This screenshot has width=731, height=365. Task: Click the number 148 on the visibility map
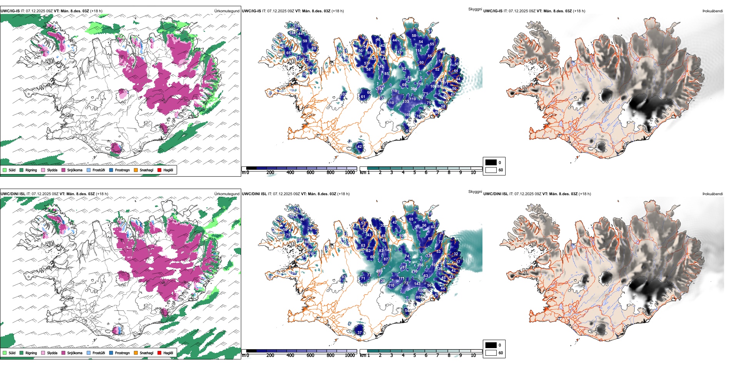pos(292,33)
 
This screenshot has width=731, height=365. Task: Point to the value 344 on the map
pos(414,89)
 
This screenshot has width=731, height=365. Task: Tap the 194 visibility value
pos(380,89)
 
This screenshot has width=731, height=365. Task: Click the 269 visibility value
pos(379,271)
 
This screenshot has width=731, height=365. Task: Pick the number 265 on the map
pos(407,300)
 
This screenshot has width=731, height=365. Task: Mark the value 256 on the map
pos(420,265)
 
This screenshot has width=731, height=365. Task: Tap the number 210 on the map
pos(414,271)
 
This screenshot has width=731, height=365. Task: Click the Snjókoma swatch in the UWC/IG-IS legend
pos(63,170)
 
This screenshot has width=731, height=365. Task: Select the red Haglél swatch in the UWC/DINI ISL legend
pos(159,353)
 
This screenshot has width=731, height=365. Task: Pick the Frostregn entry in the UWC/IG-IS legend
pos(111,170)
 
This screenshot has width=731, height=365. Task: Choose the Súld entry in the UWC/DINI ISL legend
pos(5,353)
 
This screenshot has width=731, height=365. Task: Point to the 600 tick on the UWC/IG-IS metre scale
pos(310,173)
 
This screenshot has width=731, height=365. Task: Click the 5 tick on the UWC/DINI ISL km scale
pos(415,355)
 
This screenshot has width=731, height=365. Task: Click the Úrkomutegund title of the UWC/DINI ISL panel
pos(227,194)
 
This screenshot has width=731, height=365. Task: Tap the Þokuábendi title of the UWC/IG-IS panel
pos(713,11)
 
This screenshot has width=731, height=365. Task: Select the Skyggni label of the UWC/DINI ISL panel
pos(475,191)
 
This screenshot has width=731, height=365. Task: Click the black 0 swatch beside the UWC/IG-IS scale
pos(491,162)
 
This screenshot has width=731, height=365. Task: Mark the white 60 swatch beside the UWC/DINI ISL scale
pos(491,353)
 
